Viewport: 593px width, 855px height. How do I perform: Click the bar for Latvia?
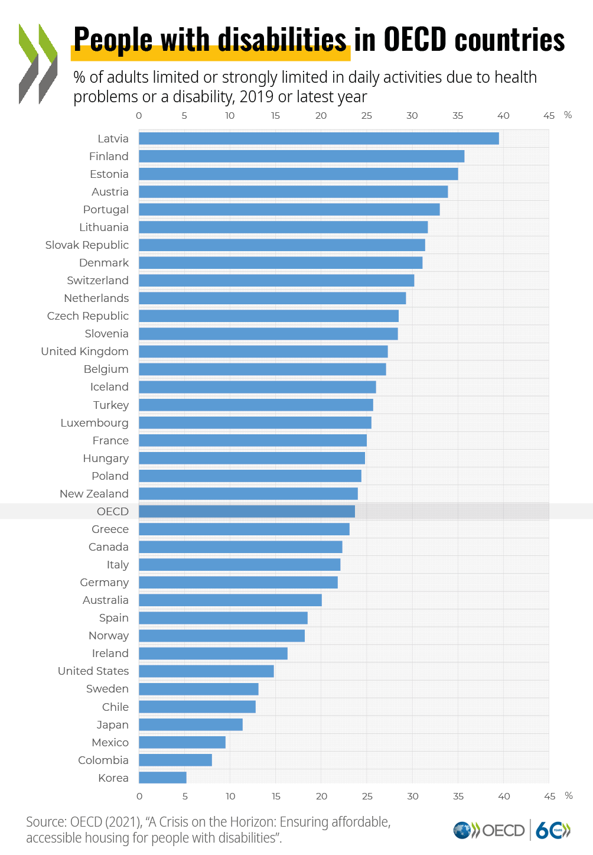click(x=318, y=138)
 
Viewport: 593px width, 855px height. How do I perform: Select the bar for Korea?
click(x=162, y=778)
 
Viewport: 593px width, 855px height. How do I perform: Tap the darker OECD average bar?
click(x=247, y=512)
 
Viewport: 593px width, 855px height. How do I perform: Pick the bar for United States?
click(x=207, y=671)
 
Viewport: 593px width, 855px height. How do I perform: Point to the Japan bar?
click(x=191, y=724)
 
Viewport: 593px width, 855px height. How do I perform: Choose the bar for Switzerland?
click(x=276, y=281)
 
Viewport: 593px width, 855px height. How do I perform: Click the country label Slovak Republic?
click(x=87, y=245)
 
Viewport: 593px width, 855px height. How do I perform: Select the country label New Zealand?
click(x=95, y=493)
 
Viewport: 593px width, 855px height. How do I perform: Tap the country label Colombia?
click(x=103, y=760)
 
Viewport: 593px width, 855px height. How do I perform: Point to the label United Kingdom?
click(x=84, y=352)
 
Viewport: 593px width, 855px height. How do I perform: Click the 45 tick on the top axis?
click(x=549, y=116)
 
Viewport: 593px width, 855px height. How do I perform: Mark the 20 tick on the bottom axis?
click(x=321, y=797)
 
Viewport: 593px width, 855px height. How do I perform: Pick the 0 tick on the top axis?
click(x=139, y=116)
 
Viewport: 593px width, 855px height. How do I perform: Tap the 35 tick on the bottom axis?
click(x=458, y=797)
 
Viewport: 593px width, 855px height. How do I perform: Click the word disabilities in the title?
click(x=282, y=40)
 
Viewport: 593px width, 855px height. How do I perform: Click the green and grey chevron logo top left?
click(x=38, y=64)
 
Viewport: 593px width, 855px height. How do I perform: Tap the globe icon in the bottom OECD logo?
click(x=462, y=830)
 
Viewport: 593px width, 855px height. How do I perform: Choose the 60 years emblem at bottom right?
click(x=553, y=830)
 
